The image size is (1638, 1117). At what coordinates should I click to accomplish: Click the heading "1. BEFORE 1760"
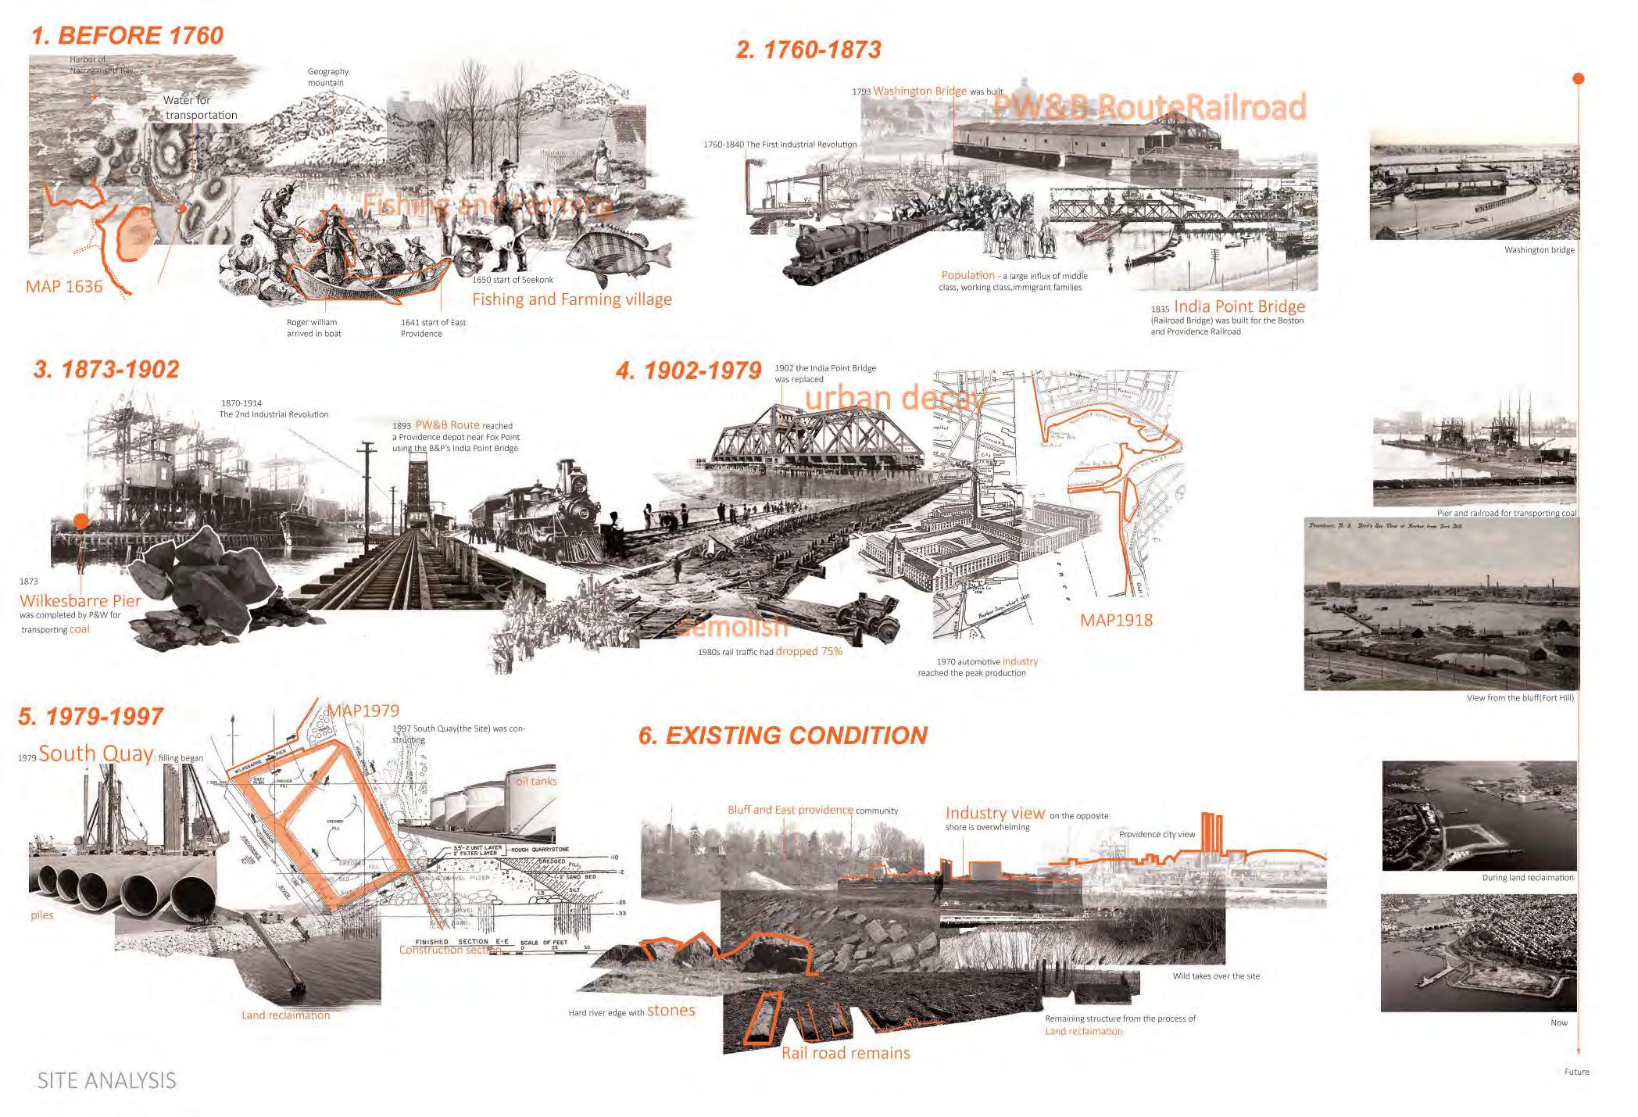pos(127,36)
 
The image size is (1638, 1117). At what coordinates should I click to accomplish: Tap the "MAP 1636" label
pos(64,286)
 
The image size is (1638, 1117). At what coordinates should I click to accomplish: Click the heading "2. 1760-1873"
pos(808,50)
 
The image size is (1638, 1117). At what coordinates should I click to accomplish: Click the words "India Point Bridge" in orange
pos(1239,306)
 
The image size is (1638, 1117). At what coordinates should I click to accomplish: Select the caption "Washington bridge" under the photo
pos(1539,250)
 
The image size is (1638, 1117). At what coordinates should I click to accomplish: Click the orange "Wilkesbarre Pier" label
pos(80,600)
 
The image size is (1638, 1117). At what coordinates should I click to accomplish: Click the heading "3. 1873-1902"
pos(106,370)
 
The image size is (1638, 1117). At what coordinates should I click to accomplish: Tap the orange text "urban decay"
pos(893,398)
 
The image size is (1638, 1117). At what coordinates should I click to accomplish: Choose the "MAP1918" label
pos(1116,621)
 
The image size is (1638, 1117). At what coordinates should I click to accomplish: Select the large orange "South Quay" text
pos(96,754)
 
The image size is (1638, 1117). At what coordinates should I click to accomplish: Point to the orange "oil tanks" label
pos(536,781)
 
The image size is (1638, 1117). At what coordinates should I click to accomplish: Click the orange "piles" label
pos(42,915)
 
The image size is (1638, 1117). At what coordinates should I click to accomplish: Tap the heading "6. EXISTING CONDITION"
pos(782,736)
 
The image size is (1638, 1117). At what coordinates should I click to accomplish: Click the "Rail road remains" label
pos(846,1053)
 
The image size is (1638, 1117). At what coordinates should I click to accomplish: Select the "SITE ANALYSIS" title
pos(107,1081)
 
